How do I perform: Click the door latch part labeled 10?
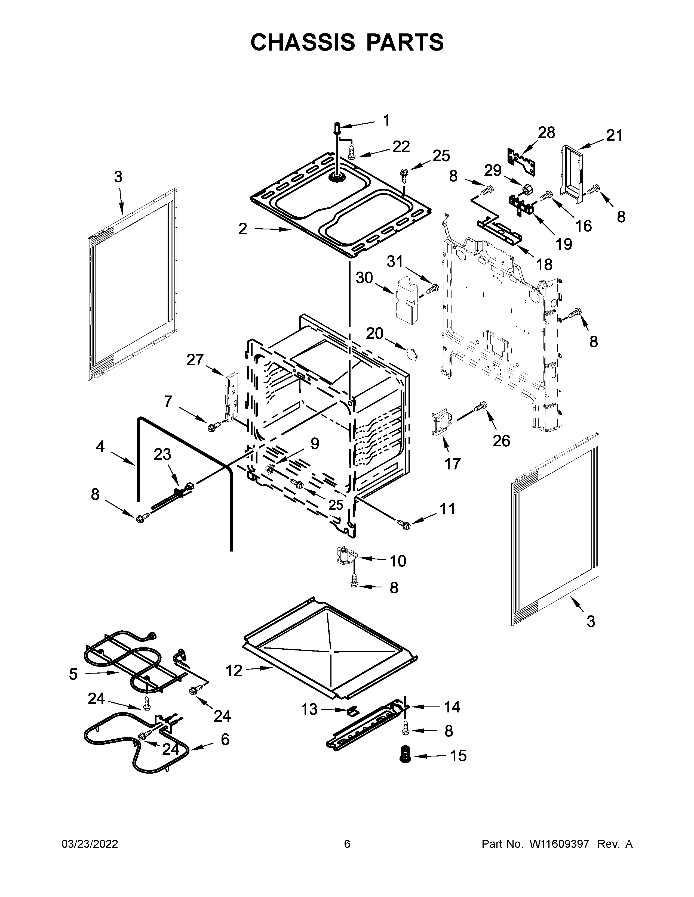[x=346, y=556]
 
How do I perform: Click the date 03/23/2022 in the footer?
[x=90, y=844]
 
